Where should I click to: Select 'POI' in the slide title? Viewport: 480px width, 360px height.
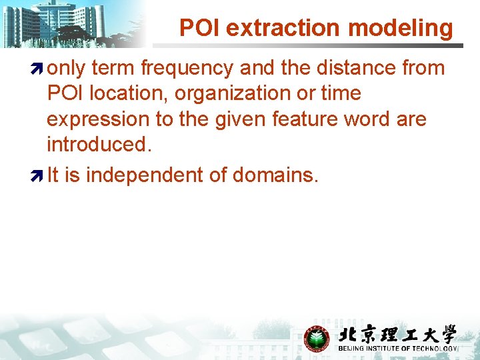(201, 28)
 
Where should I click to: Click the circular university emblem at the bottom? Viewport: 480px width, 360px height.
(317, 339)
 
